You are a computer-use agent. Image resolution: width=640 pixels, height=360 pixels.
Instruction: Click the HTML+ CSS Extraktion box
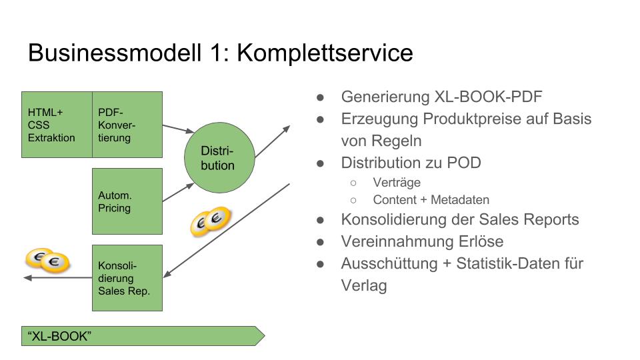click(57, 125)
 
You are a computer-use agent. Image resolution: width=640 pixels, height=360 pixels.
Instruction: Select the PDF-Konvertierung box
click(127, 125)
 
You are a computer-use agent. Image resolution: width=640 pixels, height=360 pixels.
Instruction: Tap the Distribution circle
click(217, 157)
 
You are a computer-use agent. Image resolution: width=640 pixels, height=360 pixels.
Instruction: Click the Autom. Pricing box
click(127, 201)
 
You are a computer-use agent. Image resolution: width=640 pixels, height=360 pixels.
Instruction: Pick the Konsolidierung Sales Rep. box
click(127, 277)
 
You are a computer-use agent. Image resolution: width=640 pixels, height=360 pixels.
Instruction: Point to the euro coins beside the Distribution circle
click(210, 221)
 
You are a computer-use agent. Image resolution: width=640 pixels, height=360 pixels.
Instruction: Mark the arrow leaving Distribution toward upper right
click(273, 141)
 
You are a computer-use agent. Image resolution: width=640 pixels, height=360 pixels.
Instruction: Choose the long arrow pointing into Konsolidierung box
click(227, 230)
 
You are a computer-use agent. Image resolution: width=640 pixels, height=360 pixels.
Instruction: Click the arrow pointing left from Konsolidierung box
click(57, 277)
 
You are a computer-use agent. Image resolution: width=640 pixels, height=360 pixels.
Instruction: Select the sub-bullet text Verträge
click(397, 182)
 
